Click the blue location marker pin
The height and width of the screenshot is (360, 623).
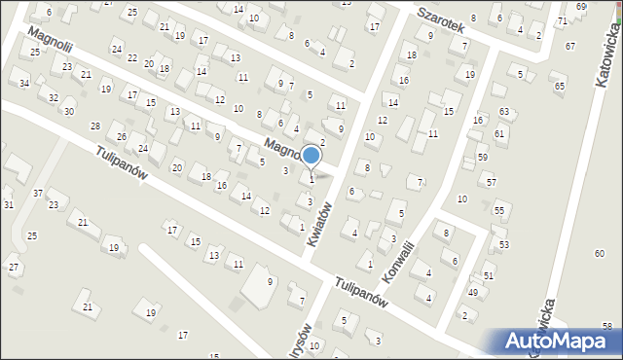(x=311, y=156)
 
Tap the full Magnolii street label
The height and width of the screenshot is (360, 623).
(x=52, y=45)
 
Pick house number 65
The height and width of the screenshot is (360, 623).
(x=560, y=87)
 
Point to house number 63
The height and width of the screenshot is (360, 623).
(x=503, y=113)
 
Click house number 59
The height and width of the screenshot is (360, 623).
(x=482, y=157)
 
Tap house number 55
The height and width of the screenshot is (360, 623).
(x=498, y=211)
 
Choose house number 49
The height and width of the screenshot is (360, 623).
(x=473, y=292)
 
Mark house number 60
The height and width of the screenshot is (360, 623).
(x=599, y=253)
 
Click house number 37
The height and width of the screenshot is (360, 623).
(x=38, y=194)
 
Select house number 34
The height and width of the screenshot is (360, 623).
(x=24, y=84)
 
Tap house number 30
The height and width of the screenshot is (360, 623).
(x=69, y=111)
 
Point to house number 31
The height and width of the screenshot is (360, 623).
(x=9, y=204)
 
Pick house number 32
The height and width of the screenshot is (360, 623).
(x=54, y=97)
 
